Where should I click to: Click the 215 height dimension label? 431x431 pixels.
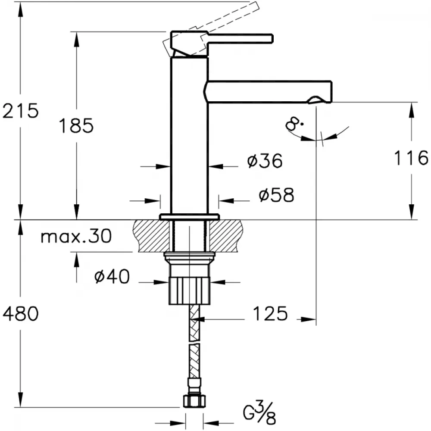click(21, 111)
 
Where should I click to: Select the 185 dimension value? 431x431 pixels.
click(76, 125)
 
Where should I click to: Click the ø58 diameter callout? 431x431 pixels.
click(277, 195)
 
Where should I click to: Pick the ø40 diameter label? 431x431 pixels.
click(112, 276)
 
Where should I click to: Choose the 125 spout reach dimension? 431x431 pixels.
click(270, 313)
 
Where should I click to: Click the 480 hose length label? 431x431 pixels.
click(21, 314)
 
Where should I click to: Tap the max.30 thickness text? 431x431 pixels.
click(76, 236)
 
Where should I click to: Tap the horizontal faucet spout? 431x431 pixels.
click(269, 92)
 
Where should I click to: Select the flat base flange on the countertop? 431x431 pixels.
click(190, 217)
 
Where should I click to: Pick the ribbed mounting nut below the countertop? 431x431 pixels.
click(190, 290)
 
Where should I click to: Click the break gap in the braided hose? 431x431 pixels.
click(194, 342)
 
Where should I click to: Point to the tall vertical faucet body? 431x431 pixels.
click(189, 134)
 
